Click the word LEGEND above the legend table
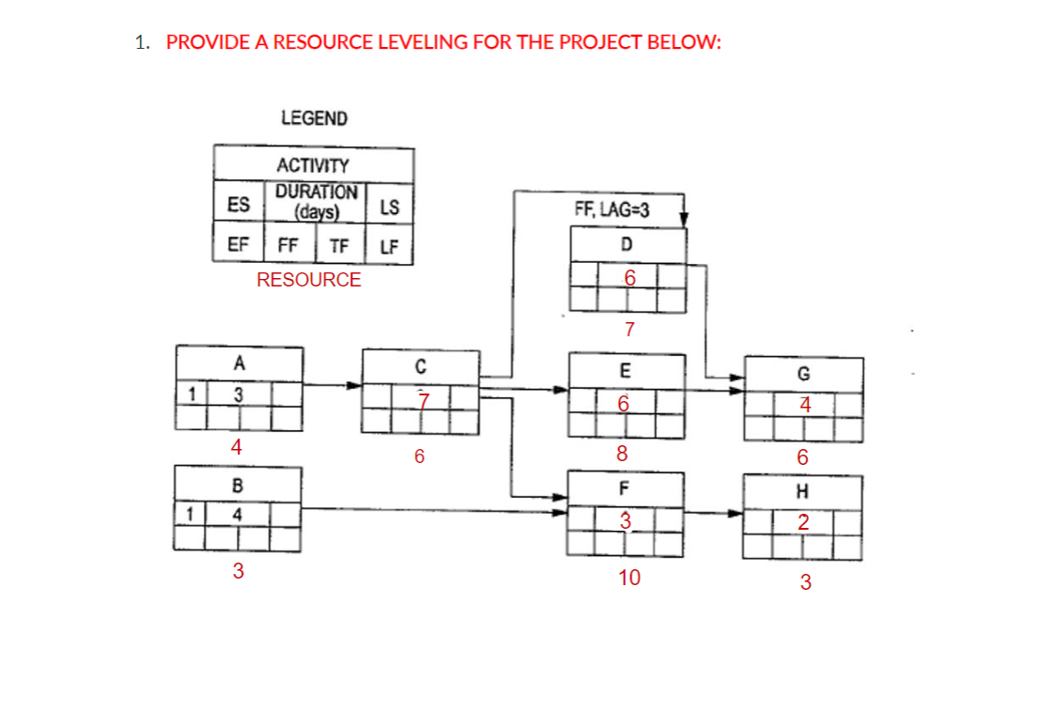tap(314, 118)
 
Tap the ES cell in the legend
tap(239, 205)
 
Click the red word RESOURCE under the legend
tap(308, 279)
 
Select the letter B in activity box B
tap(238, 486)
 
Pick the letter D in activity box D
tap(627, 244)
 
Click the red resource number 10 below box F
tap(629, 579)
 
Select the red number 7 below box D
tap(629, 330)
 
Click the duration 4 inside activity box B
tap(238, 515)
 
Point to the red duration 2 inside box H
tap(803, 523)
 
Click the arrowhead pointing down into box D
tap(685, 219)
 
